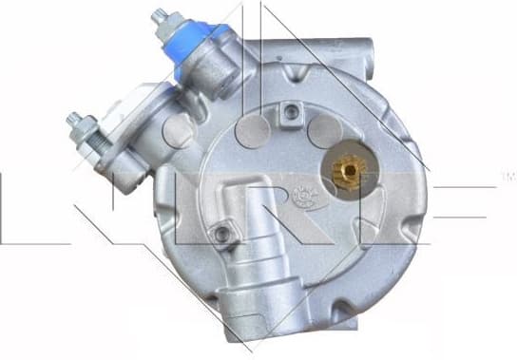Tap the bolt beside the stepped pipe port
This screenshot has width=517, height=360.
pos(222,233)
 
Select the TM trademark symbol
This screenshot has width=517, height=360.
pos(503,176)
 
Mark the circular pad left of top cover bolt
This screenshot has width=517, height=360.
pos(252,127)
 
